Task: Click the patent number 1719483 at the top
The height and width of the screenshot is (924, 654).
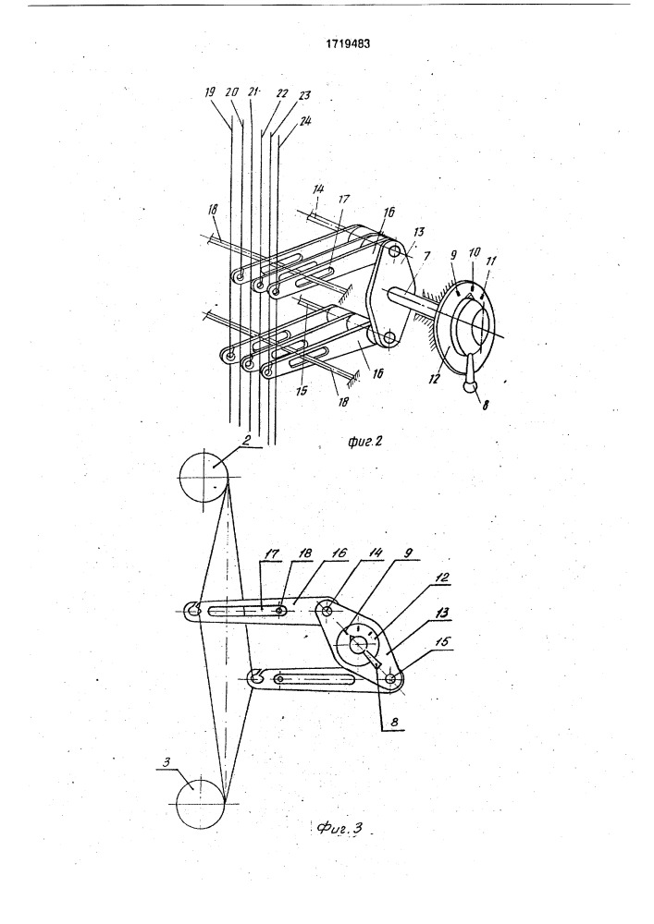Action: (x=349, y=43)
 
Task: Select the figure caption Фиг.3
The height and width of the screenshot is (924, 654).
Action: (x=339, y=828)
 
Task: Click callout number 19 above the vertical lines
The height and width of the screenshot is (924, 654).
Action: (x=210, y=92)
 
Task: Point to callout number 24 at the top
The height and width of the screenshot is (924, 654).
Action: (x=305, y=121)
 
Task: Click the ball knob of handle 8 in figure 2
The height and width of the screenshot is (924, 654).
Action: (x=469, y=385)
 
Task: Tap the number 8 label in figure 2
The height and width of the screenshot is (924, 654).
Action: (x=485, y=405)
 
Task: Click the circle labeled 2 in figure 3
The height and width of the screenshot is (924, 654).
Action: (x=204, y=477)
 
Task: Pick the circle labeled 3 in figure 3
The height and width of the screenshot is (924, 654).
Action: (x=201, y=804)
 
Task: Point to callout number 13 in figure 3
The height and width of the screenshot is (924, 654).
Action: (x=441, y=614)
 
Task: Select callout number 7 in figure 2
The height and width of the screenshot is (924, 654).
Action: (x=426, y=256)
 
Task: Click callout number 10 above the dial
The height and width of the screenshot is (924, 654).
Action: (x=474, y=253)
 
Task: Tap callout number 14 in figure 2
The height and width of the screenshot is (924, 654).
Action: (x=318, y=189)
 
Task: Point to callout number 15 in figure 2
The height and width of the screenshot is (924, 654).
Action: (x=302, y=391)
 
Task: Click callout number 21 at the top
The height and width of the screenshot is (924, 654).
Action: (x=253, y=91)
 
